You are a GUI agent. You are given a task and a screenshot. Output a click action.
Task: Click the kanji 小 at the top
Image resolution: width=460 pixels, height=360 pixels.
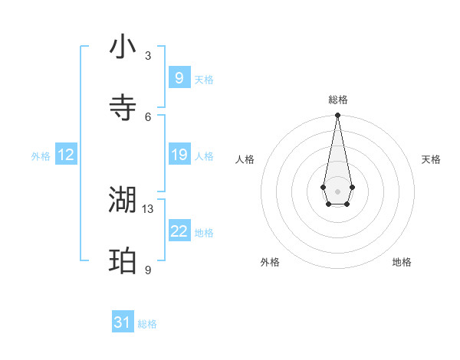pyautogui.click(x=123, y=47)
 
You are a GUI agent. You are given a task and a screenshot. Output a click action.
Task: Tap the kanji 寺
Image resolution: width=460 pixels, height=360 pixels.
pyautogui.click(x=123, y=108)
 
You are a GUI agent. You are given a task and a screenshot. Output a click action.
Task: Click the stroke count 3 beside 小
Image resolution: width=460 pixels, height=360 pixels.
pyautogui.click(x=148, y=56)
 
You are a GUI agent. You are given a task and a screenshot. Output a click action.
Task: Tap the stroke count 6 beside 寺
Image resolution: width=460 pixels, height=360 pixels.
pyautogui.click(x=148, y=116)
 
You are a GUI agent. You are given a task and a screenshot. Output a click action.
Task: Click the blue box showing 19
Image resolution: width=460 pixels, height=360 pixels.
pyautogui.click(x=179, y=155)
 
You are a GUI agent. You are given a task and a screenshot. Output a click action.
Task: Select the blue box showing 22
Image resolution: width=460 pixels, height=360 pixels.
pyautogui.click(x=179, y=231)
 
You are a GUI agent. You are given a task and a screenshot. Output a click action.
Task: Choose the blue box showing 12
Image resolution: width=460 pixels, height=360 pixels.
pyautogui.click(x=65, y=155)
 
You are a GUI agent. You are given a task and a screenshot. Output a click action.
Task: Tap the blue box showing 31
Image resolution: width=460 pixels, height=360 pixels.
pyautogui.click(x=122, y=322)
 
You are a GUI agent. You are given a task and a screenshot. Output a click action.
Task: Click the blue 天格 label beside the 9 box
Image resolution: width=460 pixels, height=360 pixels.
pyautogui.click(x=204, y=79)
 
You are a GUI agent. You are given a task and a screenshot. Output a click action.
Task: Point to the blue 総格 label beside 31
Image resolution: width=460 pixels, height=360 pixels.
pyautogui.click(x=147, y=324)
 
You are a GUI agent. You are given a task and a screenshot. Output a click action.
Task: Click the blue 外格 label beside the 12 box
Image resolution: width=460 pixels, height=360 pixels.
pyautogui.click(x=41, y=156)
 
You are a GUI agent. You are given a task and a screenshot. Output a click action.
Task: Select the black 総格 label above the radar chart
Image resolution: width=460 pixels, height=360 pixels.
pyautogui.click(x=337, y=100)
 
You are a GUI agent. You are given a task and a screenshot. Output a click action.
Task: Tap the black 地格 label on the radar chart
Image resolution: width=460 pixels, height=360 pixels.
pyautogui.click(x=402, y=262)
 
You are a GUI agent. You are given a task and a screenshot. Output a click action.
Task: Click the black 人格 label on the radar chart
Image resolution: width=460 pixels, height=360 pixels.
pyautogui.click(x=245, y=159)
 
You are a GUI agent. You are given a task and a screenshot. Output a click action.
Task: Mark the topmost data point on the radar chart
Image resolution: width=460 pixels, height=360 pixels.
pyautogui.click(x=337, y=115)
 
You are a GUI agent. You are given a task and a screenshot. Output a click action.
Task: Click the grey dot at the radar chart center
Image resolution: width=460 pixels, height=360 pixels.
pyautogui.click(x=337, y=191)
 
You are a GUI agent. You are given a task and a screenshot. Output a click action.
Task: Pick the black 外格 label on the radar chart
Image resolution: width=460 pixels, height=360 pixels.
pyautogui.click(x=270, y=262)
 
